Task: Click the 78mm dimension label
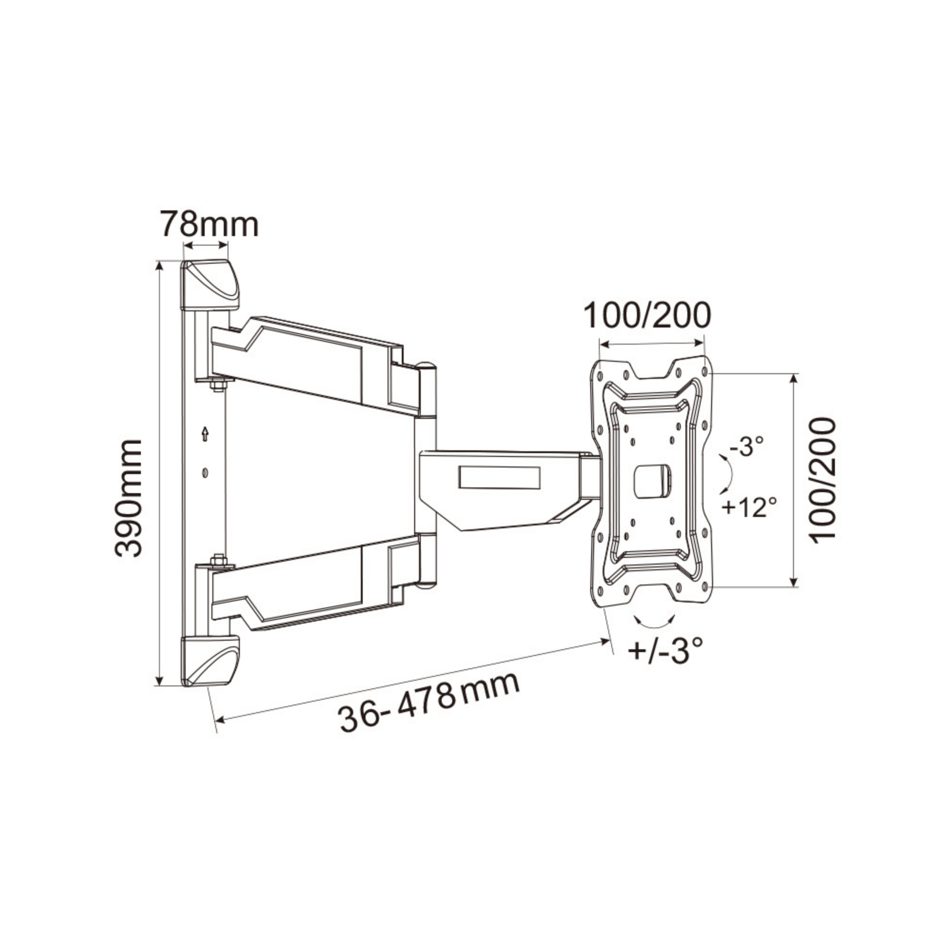coord(209,225)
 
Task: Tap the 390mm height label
coord(128,498)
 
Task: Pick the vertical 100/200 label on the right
coord(823,480)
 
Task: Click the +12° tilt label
coord(749,507)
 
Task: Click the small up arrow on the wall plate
coord(205,434)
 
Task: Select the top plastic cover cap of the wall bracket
coord(210,285)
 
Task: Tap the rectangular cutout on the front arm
coord(499,477)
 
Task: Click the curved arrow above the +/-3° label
coord(654,622)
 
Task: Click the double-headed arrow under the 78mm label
coord(206,246)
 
